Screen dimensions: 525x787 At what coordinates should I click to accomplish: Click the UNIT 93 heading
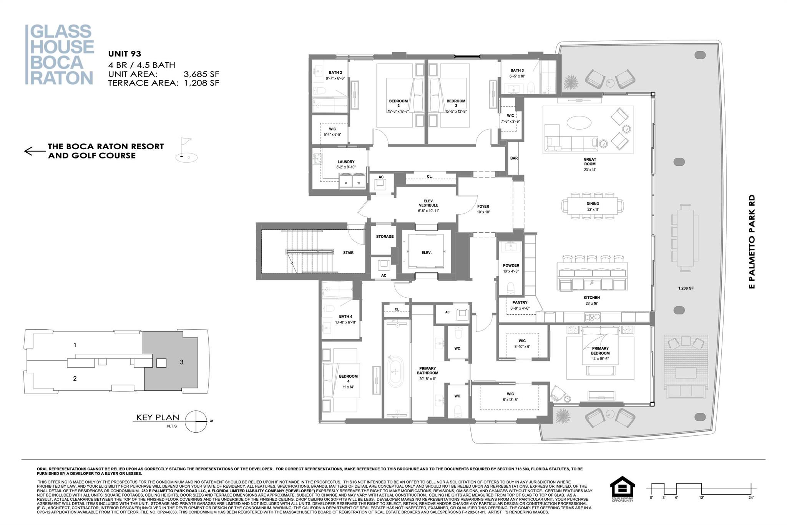pos(125,54)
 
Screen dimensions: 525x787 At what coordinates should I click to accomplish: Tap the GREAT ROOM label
pos(589,162)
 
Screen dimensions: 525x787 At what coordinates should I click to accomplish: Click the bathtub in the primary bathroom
pos(396,372)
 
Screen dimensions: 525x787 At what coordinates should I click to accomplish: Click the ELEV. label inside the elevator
pos(426,253)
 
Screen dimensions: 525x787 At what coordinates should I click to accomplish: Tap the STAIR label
pos(348,253)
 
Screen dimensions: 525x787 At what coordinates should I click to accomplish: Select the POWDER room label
pos(511,265)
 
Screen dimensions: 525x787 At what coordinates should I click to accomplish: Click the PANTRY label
pos(520,303)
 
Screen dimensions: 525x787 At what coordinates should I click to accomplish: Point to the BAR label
pos(514,158)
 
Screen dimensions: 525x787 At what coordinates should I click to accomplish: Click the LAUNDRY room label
pos(346,162)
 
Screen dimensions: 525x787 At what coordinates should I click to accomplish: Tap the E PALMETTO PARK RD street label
pos(752,242)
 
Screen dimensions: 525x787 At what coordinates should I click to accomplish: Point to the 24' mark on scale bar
pos(750,497)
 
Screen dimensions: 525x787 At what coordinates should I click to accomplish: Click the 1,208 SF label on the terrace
pos(686,288)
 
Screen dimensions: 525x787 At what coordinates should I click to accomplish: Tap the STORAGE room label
pos(385,237)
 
